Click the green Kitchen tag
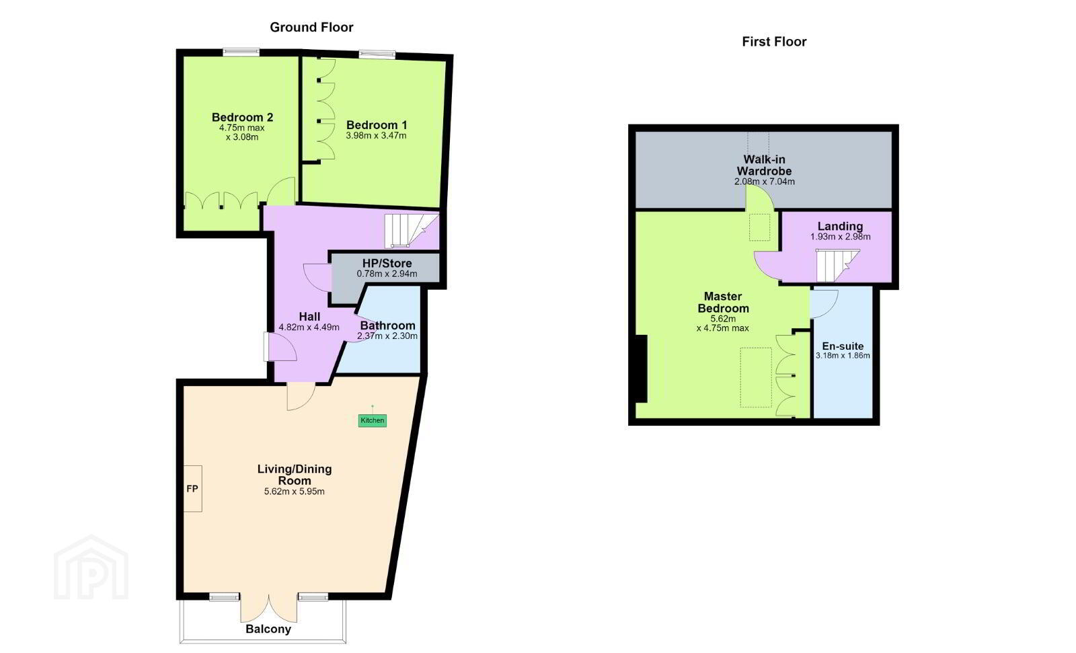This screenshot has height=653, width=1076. (373, 420)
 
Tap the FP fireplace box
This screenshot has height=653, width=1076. (192, 489)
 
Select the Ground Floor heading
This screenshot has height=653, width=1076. (311, 28)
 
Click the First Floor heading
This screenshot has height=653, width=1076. (774, 42)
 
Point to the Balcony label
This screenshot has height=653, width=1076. (268, 629)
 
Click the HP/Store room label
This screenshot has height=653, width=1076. (387, 264)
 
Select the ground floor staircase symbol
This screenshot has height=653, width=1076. (411, 230)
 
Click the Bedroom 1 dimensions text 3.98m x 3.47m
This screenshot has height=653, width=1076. (376, 136)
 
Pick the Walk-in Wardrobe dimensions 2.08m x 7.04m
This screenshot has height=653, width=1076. (764, 182)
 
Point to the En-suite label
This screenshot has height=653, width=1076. (843, 346)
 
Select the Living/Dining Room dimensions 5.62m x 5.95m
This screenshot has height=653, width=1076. (294, 492)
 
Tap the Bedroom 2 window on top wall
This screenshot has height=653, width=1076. (241, 52)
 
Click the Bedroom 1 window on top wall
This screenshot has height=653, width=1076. (377, 54)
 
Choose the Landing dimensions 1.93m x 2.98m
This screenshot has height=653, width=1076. (840, 237)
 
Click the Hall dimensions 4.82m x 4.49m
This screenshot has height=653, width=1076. (309, 328)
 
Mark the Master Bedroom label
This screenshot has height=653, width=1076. (723, 302)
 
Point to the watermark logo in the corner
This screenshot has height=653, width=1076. (91, 567)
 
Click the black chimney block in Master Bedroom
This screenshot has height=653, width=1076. (641, 369)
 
